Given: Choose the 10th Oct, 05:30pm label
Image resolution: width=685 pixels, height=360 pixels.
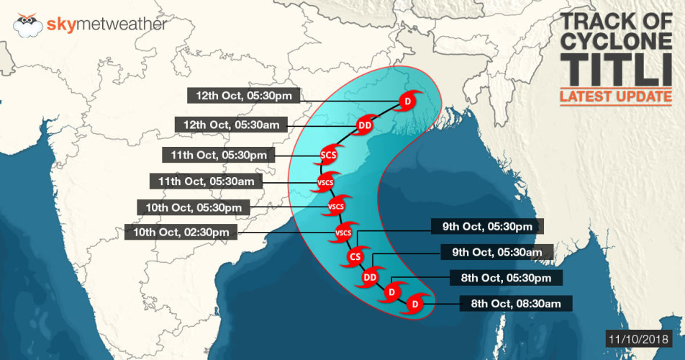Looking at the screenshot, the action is point(194,207).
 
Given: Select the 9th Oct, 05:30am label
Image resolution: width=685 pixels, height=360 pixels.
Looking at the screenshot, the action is point(496,252).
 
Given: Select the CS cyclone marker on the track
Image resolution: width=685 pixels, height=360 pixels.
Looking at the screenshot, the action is point(355,257).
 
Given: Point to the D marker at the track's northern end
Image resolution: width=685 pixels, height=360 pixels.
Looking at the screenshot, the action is point(407,102).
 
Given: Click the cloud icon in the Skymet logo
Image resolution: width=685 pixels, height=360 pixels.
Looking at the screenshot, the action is point(28,26).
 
